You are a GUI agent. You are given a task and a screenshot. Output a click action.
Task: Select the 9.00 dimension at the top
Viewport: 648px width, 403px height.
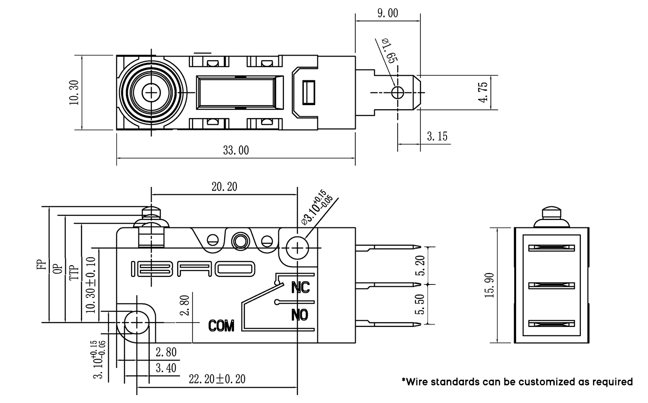pos(387,13)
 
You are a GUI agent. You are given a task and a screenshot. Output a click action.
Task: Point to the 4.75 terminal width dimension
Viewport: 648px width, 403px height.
pos(483,92)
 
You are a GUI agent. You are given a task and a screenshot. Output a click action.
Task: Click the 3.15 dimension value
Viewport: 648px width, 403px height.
pos(437,136)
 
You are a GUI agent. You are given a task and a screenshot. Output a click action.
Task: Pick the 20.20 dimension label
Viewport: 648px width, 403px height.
pos(224,187)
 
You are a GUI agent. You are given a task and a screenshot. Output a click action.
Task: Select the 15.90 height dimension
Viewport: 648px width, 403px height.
pos(490,285)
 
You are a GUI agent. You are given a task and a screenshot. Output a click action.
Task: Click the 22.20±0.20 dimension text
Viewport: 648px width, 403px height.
pos(217,379)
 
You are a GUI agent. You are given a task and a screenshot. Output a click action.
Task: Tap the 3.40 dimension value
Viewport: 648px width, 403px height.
pos(166,368)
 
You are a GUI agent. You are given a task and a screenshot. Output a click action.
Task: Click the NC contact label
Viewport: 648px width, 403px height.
pos(300,287)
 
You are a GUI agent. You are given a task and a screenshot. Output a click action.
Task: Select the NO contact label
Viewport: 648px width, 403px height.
pos(300,315)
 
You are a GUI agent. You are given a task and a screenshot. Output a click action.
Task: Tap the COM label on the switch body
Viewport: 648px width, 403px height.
pos(221,325)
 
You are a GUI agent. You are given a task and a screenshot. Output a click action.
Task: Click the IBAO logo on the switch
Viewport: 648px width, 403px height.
pos(193,269)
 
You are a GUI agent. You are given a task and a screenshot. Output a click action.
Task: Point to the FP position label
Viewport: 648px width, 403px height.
pos(42,264)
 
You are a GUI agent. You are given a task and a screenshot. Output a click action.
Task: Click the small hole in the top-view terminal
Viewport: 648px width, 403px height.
pos(398,92)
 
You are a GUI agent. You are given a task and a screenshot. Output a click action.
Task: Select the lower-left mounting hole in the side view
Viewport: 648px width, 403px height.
pos(136,322)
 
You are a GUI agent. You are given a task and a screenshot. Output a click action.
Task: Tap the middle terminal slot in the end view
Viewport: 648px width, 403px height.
pos(551,285)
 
